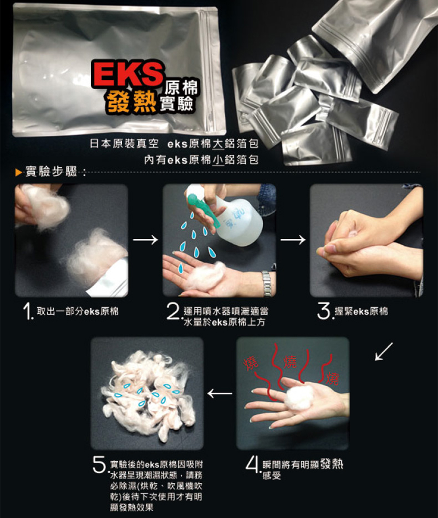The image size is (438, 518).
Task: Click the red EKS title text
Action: point(128,74)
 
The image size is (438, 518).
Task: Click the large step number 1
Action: point(28,312)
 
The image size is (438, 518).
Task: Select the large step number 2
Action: point(173,312)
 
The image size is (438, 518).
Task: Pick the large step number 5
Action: point(100,465)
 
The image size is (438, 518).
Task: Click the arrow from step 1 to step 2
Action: point(145,240)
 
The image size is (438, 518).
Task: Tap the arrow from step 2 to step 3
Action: point(293,240)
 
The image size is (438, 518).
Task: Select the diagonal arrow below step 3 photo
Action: point(384,351)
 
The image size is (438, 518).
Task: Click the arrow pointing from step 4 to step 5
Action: point(220,393)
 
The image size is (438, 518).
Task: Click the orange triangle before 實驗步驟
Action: point(18,172)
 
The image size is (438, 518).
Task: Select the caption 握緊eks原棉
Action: point(361,311)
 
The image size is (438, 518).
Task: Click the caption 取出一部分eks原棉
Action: point(78,311)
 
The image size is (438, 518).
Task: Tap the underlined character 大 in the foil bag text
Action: point(218,144)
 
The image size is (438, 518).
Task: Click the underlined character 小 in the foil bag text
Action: point(218,160)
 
